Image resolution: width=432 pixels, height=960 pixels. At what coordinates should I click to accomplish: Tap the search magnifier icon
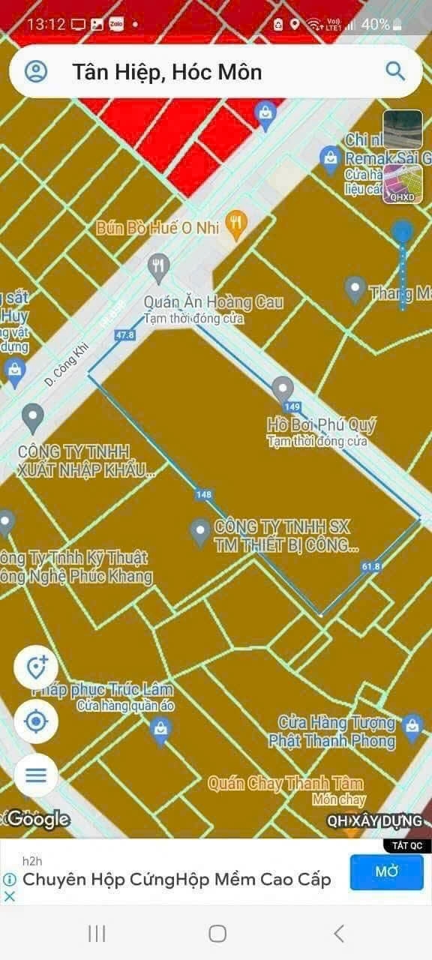(395, 71)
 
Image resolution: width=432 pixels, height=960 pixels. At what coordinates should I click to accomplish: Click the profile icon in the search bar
(36, 71)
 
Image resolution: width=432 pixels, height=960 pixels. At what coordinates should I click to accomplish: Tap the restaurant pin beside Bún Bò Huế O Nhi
(237, 223)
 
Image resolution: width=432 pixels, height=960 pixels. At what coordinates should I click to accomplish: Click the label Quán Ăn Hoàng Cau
(214, 301)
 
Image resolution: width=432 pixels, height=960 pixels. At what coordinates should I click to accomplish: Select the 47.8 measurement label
(125, 334)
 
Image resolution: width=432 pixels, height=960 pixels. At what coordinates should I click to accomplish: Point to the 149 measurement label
(293, 406)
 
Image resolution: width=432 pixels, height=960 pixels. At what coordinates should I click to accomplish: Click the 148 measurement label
(203, 494)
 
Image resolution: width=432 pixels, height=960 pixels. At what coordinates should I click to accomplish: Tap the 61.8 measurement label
(370, 566)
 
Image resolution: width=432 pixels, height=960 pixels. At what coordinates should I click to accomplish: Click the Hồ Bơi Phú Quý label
(322, 424)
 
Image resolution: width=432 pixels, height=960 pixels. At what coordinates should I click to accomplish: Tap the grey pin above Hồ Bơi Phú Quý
(283, 389)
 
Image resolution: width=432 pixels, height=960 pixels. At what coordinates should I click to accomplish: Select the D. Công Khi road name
(67, 364)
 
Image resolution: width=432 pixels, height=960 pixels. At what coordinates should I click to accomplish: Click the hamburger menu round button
(36, 775)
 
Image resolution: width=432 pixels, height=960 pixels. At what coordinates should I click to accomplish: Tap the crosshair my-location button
(36, 722)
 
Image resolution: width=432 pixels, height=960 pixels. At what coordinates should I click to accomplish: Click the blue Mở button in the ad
(386, 871)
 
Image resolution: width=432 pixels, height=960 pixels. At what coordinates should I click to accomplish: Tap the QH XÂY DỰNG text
(374, 820)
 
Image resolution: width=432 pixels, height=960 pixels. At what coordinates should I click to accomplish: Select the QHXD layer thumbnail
(403, 184)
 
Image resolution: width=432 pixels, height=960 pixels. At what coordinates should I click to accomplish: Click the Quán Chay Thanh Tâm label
(285, 784)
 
